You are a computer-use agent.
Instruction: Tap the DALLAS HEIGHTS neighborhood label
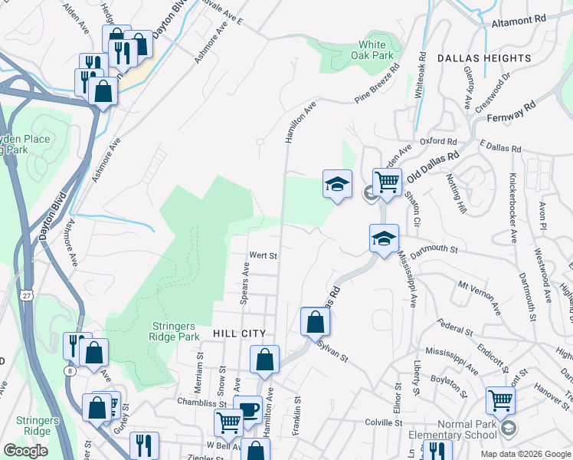click(x=484, y=58)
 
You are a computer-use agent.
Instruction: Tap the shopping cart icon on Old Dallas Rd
click(x=388, y=182)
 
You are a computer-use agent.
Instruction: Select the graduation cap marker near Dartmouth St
click(x=384, y=237)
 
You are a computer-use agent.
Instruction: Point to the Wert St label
click(x=263, y=255)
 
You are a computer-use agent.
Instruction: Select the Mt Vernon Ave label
click(x=479, y=297)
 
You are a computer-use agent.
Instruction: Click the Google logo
click(x=25, y=451)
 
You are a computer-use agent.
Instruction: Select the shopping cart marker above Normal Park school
click(x=500, y=399)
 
